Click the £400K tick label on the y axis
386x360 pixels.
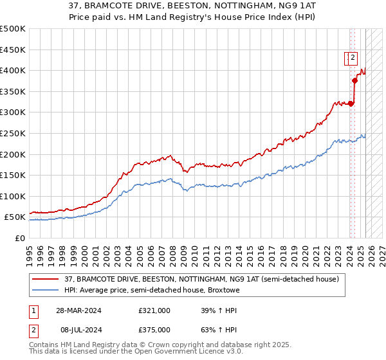tap(13, 70)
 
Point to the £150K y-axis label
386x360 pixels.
tap(13, 175)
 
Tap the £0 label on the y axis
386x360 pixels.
tap(21, 238)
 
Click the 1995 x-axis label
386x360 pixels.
tap(30, 249)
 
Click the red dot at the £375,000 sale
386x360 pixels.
tap(354, 80)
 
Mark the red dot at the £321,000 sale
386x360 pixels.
tap(351, 103)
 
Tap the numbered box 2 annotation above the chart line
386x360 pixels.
tap(353, 59)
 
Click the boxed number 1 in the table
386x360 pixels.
tap(33, 310)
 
